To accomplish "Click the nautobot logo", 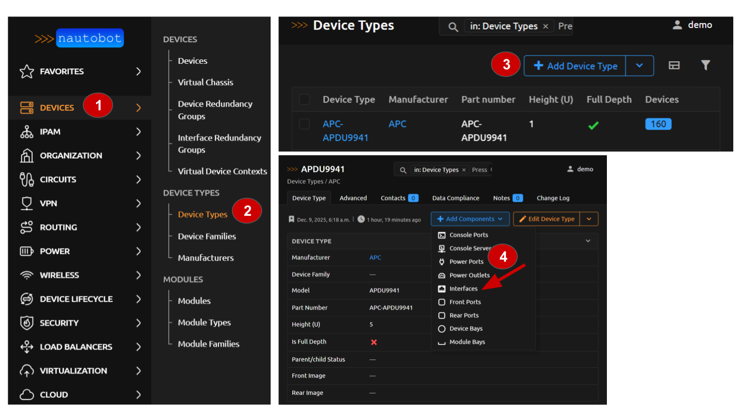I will pos(90,38).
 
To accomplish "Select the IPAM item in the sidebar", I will pos(50,132).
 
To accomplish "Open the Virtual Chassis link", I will pos(205,83).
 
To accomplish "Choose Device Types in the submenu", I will pos(202,214).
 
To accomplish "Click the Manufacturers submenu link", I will pos(206,258).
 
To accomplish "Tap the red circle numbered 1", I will pos(98,105).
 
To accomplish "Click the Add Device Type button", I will pos(575,66).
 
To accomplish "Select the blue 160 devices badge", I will pos(658,124).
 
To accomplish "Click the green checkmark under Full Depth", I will pos(593,125).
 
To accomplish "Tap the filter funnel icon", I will pos(705,65).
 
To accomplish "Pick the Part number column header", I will pos(488,99).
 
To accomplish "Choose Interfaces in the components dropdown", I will pos(463,289).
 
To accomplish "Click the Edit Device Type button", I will pos(547,219).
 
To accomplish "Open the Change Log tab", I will pos(553,198).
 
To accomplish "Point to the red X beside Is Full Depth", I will pos(374,342).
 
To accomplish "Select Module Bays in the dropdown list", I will pos(467,342).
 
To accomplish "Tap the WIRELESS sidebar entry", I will pos(59,275).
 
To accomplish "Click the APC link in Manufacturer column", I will pos(398,124).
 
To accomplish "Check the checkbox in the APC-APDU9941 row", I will pos(304,124).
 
